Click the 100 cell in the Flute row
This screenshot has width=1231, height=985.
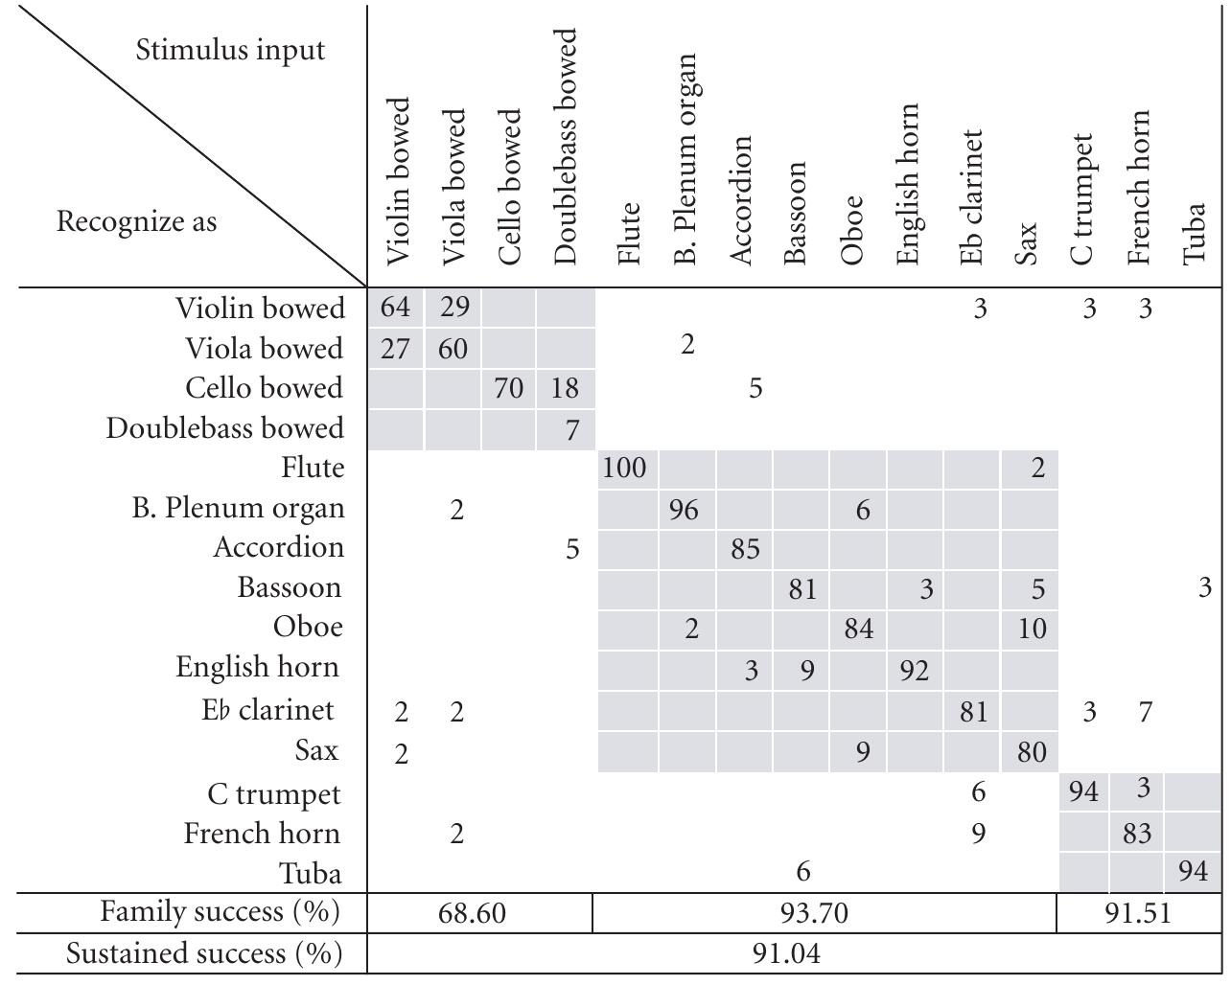point(624,469)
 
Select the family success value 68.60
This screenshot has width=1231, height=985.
point(471,913)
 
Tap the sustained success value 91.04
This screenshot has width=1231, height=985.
point(786,954)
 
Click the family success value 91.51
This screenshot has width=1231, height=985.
point(1137,913)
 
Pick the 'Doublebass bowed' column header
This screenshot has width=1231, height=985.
point(567,147)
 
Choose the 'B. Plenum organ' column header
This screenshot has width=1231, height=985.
point(685,159)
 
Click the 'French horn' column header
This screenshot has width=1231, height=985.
point(1138,188)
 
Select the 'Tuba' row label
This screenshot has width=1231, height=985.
point(310,873)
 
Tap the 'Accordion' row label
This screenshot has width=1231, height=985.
point(278,547)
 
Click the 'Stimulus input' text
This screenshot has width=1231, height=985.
point(230,50)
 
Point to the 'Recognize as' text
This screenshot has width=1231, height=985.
point(136,221)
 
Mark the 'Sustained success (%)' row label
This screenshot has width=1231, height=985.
point(203,954)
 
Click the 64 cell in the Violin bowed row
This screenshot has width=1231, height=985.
point(395,308)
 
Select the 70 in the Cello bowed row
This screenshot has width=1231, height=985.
point(508,388)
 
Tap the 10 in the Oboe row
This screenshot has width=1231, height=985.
point(1031,629)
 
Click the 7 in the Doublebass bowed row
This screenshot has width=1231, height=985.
point(571,430)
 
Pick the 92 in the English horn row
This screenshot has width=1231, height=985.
point(914,670)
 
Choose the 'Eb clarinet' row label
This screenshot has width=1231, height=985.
point(267,710)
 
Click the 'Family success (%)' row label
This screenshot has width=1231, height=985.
point(220,912)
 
